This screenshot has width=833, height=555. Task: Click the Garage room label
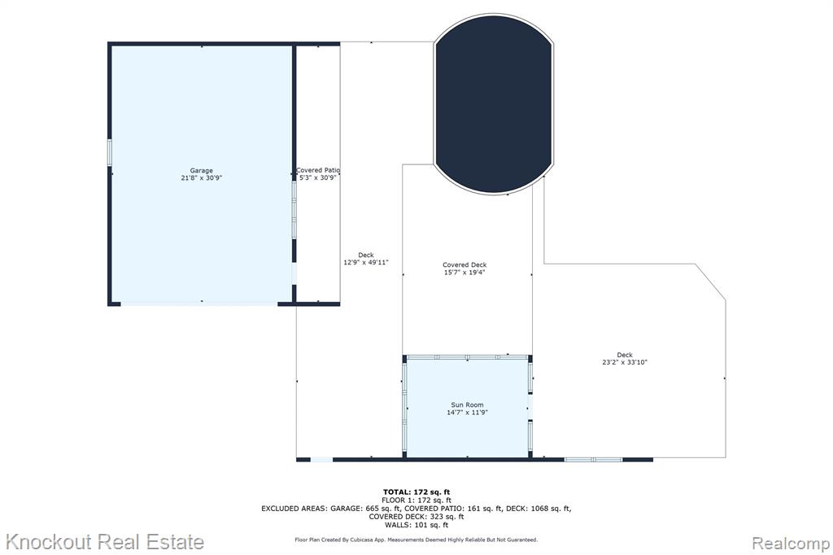point(202,171)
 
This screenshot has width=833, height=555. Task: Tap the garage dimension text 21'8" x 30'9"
point(202,178)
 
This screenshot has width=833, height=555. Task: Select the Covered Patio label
point(318,170)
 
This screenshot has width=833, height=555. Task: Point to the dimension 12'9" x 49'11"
point(366,262)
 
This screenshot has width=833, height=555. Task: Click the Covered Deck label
point(464,264)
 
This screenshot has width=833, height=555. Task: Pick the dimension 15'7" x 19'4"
point(464,272)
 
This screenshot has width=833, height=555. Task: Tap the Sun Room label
point(468,405)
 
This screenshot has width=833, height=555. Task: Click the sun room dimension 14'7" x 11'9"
point(468,413)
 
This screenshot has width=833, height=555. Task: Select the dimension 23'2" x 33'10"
point(625,363)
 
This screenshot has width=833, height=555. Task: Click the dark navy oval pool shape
point(494,104)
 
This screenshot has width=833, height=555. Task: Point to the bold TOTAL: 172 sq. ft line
point(416,492)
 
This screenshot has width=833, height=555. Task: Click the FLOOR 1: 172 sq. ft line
point(416,500)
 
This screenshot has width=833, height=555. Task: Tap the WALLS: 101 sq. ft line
point(416,525)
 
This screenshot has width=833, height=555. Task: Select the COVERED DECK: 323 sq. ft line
point(416,517)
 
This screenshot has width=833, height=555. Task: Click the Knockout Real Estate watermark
point(105,542)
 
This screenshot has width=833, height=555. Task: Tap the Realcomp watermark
point(791,544)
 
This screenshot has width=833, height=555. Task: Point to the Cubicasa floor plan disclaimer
point(416,540)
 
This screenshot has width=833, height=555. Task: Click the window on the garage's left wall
point(110,153)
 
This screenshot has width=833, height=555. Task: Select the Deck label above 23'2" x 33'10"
point(625,355)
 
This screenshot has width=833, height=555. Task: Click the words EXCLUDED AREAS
point(294,509)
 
